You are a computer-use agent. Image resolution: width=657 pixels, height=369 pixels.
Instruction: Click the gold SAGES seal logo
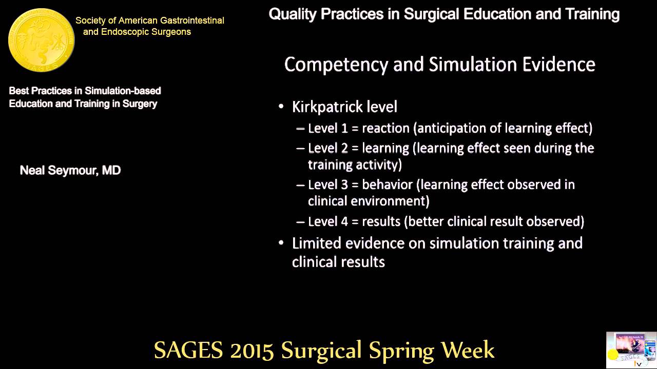point(41,40)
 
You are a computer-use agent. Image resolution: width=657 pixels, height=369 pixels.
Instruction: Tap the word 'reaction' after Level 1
point(385,128)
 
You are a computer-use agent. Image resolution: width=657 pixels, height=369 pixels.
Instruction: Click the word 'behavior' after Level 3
point(387,184)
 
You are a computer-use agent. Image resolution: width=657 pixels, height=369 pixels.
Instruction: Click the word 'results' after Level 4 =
point(381,221)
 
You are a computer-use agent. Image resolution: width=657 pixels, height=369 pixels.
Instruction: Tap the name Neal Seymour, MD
point(70,171)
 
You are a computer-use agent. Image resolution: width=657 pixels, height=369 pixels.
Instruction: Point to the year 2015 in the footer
point(252,350)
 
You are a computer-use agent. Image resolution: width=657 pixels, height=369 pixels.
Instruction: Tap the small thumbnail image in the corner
point(631,350)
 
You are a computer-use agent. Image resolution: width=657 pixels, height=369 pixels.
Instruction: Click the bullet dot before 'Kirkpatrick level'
point(281,107)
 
